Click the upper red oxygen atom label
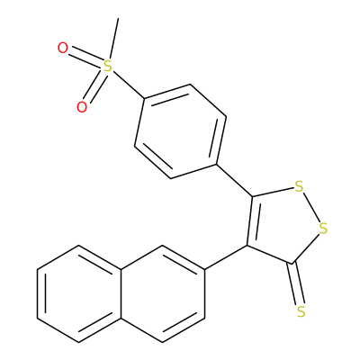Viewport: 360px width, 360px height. [63, 49]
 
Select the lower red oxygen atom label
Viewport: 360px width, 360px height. [82, 107]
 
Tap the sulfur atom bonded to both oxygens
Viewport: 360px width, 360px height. [107, 67]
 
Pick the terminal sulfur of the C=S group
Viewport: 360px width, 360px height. [301, 311]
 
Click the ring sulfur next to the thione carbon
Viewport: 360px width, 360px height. [323, 229]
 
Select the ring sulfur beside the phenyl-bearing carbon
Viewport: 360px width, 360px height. [299, 187]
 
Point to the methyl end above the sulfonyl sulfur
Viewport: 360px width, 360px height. [118, 19]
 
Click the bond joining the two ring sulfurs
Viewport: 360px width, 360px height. [311, 208]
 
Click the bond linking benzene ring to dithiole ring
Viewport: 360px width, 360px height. [234, 181]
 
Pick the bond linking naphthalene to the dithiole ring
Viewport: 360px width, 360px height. [226, 257]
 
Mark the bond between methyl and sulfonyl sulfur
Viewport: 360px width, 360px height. [113, 39]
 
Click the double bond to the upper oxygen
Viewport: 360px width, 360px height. [86, 56]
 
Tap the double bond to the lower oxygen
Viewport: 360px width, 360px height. [94, 87]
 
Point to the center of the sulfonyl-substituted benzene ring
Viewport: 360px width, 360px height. [180, 131]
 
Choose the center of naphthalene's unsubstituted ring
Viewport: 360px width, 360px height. [79, 293]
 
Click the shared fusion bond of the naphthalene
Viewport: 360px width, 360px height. [121, 293]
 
